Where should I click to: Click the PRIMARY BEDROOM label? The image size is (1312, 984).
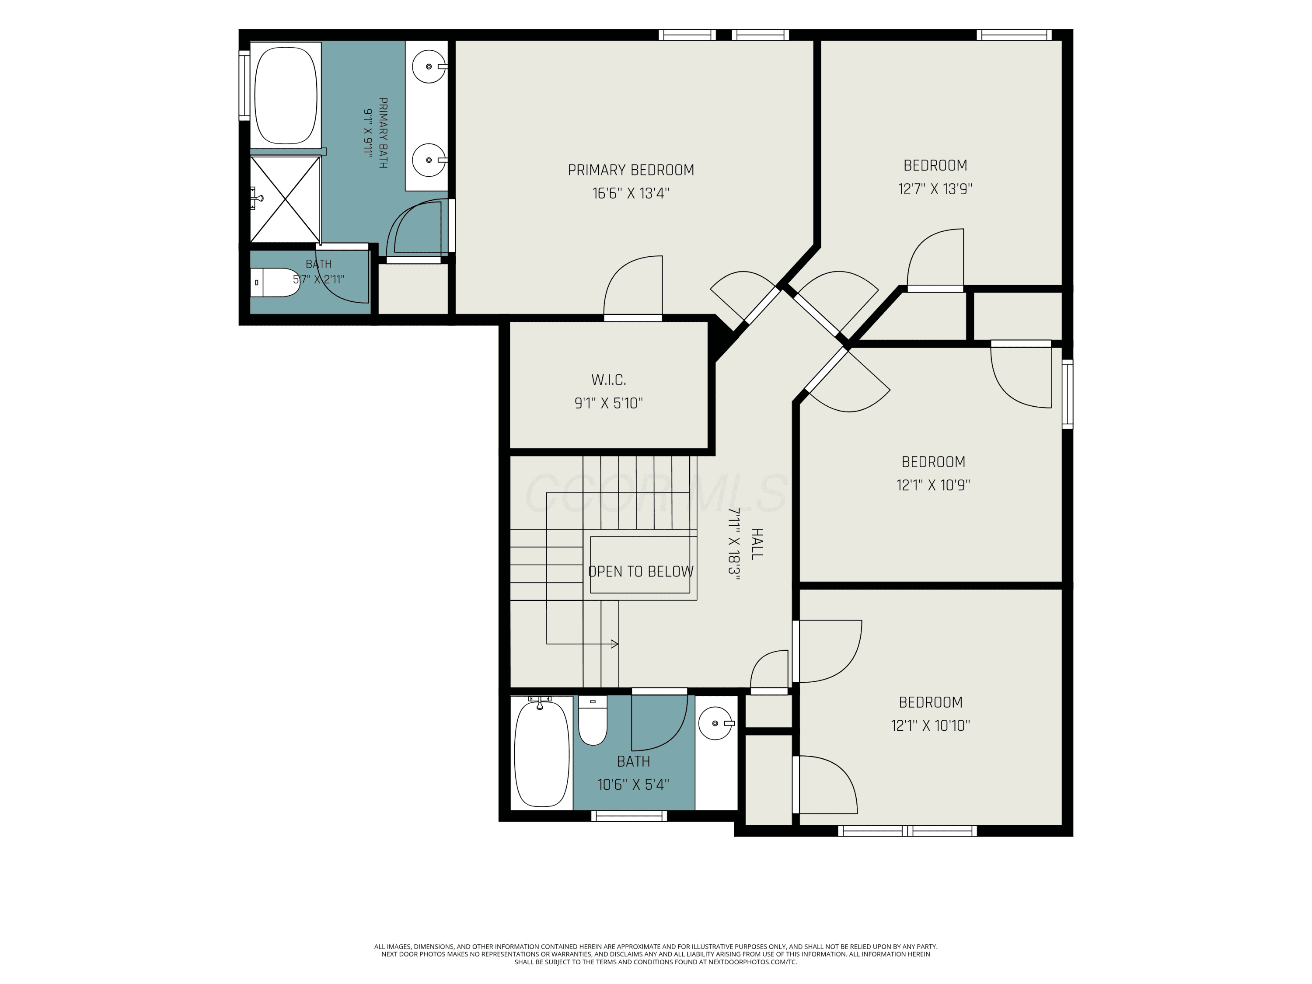coord(631,170)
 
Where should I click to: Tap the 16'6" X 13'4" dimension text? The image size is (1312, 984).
coord(631,193)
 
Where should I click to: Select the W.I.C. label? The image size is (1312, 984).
coord(609,380)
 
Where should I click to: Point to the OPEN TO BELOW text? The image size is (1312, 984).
coord(641,571)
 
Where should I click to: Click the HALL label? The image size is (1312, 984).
coord(757,544)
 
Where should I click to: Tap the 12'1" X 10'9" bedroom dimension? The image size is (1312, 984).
coord(933,485)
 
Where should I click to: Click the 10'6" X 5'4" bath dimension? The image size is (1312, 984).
coord(633,785)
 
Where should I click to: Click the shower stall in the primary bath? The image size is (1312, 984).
coord(285,199)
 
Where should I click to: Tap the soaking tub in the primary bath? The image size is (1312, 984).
coord(285,95)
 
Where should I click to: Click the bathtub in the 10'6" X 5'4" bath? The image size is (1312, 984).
coord(541,753)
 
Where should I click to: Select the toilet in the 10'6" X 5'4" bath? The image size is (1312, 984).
coord(593,721)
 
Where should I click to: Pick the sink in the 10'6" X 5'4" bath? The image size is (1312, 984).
coord(716,723)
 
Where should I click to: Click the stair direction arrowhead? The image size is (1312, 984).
coord(615,644)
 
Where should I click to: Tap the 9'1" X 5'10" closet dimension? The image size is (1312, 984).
coord(609,403)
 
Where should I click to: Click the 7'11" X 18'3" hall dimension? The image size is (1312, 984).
coord(734,544)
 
